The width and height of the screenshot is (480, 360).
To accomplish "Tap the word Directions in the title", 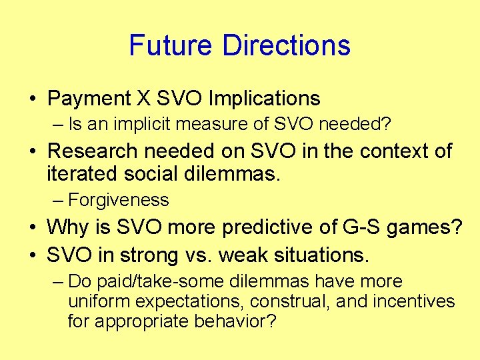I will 286,45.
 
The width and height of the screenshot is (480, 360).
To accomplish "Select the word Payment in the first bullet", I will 88,99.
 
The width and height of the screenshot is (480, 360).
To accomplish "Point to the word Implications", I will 265,99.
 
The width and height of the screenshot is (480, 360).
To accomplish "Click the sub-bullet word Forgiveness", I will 119,199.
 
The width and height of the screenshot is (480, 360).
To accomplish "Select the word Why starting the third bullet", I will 65,227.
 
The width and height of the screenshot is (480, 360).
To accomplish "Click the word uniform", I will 94,302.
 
